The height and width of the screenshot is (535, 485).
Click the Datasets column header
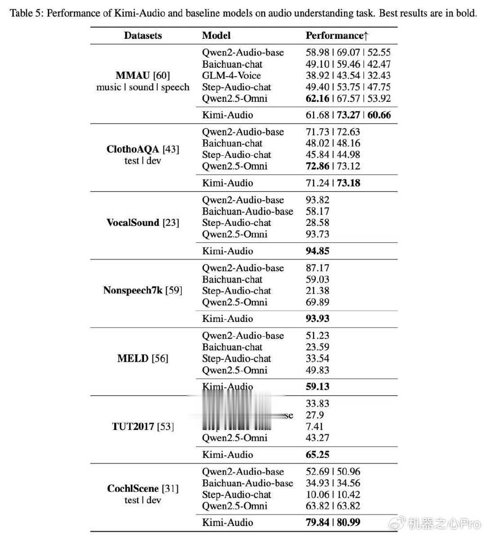pos(143,36)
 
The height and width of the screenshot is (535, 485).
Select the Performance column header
pos(337,36)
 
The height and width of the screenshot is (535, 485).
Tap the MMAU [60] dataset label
pos(143,75)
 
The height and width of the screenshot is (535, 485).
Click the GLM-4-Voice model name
pos(231,75)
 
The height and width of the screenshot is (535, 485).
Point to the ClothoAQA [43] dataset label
pos(143,150)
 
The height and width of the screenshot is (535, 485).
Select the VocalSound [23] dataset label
pos(143,223)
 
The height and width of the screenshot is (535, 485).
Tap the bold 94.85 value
pos(317,251)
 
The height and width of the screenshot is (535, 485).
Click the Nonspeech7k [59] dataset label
pos(143,291)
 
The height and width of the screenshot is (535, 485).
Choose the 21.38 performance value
pos(317,291)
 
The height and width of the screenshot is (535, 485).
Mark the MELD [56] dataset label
pos(143,358)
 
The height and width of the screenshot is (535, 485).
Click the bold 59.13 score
pos(317,386)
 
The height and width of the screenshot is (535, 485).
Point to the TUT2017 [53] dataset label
pos(143,427)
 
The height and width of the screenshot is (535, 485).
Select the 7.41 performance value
pos(315,427)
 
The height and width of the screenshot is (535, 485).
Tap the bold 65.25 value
pos(317,455)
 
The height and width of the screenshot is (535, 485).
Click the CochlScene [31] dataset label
pos(143,489)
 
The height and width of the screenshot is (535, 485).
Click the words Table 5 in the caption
pos(24,13)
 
